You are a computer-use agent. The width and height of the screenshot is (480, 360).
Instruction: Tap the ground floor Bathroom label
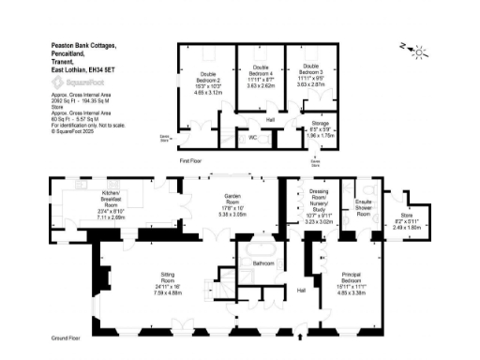pyautogui.click(x=263, y=264)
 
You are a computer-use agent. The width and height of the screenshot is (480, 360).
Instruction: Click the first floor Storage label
pyautogui.click(x=322, y=123)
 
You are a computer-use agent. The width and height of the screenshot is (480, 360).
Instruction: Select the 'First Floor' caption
pyautogui.click(x=191, y=160)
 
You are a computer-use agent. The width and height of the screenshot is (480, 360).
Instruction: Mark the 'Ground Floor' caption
pyautogui.click(x=65, y=337)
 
